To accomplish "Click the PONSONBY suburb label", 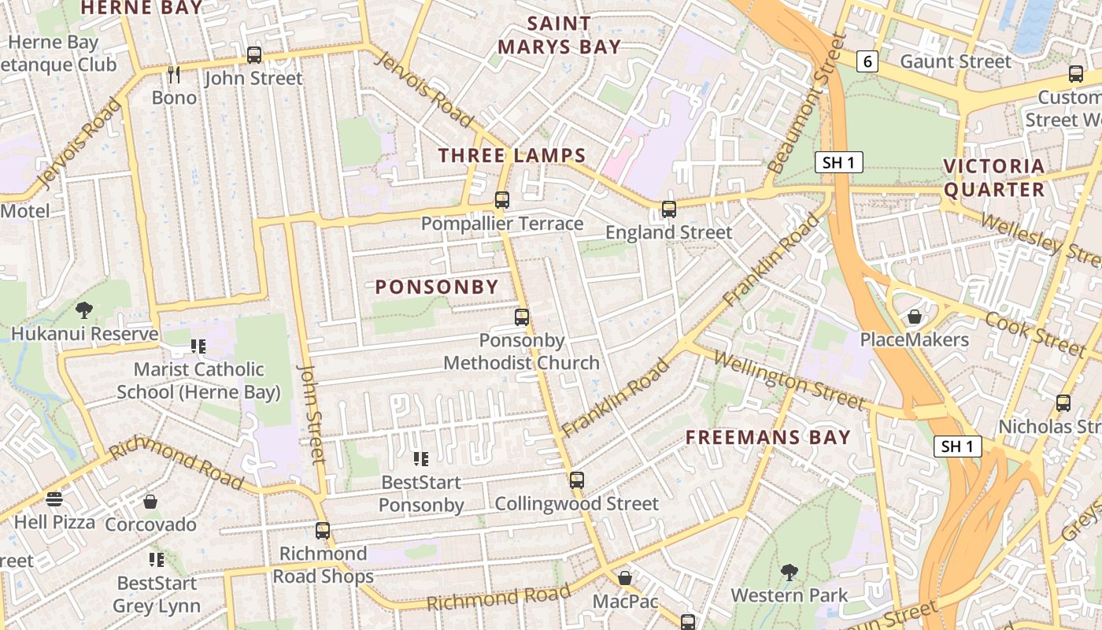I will click(x=437, y=287).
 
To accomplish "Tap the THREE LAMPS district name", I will click(x=512, y=155).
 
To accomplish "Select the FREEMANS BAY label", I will click(x=767, y=437).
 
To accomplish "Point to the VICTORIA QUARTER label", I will click(x=993, y=177).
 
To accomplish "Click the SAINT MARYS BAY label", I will click(x=559, y=35).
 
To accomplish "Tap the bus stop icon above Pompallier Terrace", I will click(x=501, y=200).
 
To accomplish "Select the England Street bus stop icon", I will click(x=668, y=209).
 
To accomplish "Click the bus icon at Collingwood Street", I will click(x=577, y=480).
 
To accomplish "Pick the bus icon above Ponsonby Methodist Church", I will click(x=521, y=317).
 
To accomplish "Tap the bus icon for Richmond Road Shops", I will click(x=322, y=530).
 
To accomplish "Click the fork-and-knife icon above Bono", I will click(x=174, y=75).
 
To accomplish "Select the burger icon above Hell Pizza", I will click(x=54, y=499).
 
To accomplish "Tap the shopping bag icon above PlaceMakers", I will click(x=914, y=317).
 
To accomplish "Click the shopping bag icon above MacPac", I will click(x=624, y=578).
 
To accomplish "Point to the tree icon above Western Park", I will click(x=789, y=572).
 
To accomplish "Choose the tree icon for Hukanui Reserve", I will click(x=84, y=310).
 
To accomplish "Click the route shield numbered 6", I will click(x=867, y=61).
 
